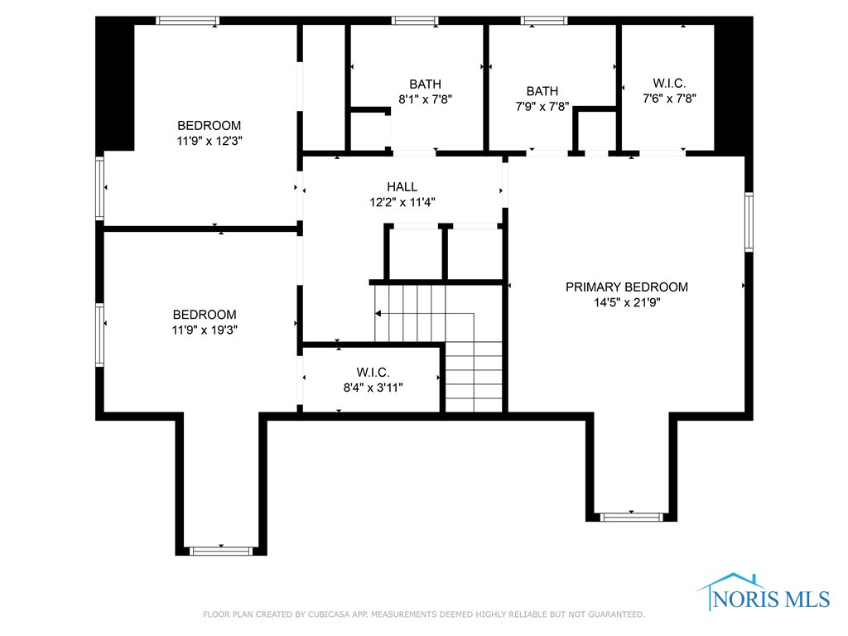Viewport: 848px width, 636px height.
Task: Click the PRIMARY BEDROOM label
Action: (626, 287)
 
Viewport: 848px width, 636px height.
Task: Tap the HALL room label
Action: (402, 187)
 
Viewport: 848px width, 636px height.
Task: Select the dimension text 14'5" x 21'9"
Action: (626, 302)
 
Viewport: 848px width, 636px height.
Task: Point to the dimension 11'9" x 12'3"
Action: (209, 141)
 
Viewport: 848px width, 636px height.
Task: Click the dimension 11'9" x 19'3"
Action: (204, 330)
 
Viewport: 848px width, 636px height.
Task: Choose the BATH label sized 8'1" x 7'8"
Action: (425, 84)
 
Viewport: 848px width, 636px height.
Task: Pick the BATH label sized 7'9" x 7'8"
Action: (542, 91)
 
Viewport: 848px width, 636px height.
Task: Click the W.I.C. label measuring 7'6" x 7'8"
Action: (669, 83)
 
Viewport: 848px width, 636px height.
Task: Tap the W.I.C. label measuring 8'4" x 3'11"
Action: (373, 372)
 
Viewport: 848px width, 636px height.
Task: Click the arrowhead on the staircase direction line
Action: (378, 314)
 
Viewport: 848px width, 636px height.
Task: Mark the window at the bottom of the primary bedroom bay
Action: (632, 517)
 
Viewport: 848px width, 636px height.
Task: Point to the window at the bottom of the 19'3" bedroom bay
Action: (221, 550)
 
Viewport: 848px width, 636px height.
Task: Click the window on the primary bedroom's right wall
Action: (749, 222)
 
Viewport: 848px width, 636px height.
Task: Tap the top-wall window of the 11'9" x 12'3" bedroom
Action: (188, 21)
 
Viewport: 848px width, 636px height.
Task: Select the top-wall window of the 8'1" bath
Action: (415, 21)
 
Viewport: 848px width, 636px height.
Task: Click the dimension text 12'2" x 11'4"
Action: (402, 202)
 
